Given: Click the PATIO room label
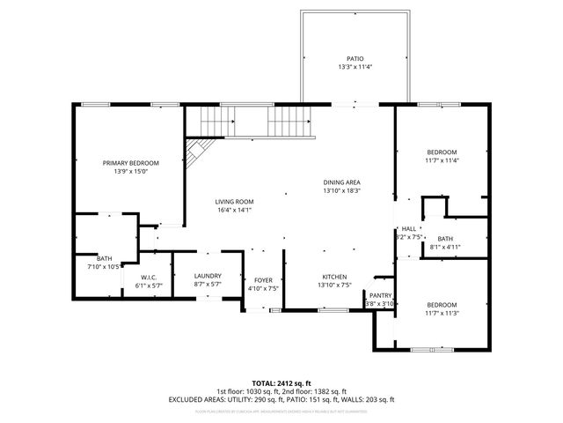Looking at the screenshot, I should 354,59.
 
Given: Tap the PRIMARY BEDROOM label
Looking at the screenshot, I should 130,163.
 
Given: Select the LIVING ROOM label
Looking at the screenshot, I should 234,202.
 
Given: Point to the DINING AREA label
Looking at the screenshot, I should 341,182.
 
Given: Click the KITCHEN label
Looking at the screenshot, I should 333,277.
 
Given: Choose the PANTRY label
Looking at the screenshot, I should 380,296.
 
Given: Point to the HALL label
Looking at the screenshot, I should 409,228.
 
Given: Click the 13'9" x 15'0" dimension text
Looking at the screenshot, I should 130,172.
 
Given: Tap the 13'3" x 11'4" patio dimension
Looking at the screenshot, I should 354,68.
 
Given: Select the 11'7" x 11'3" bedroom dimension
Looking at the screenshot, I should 442,313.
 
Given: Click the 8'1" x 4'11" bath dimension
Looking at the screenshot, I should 444,247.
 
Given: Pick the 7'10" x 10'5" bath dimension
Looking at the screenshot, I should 103,266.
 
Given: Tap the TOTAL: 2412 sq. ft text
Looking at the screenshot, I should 281,383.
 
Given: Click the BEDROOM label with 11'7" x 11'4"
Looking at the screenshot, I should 442,152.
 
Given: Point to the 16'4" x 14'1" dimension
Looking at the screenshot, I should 234,211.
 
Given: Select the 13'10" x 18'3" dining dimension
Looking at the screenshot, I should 341,191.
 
